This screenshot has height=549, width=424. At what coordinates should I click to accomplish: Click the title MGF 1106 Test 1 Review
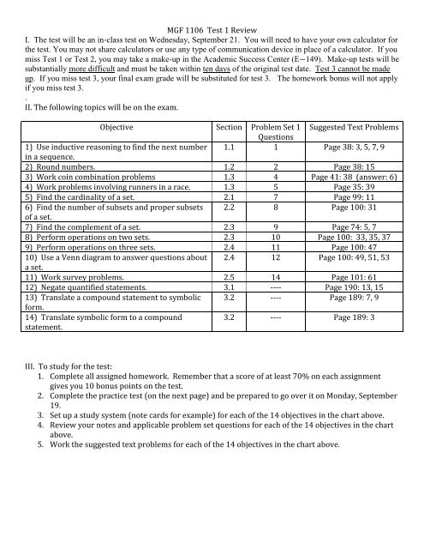click(212, 8)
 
